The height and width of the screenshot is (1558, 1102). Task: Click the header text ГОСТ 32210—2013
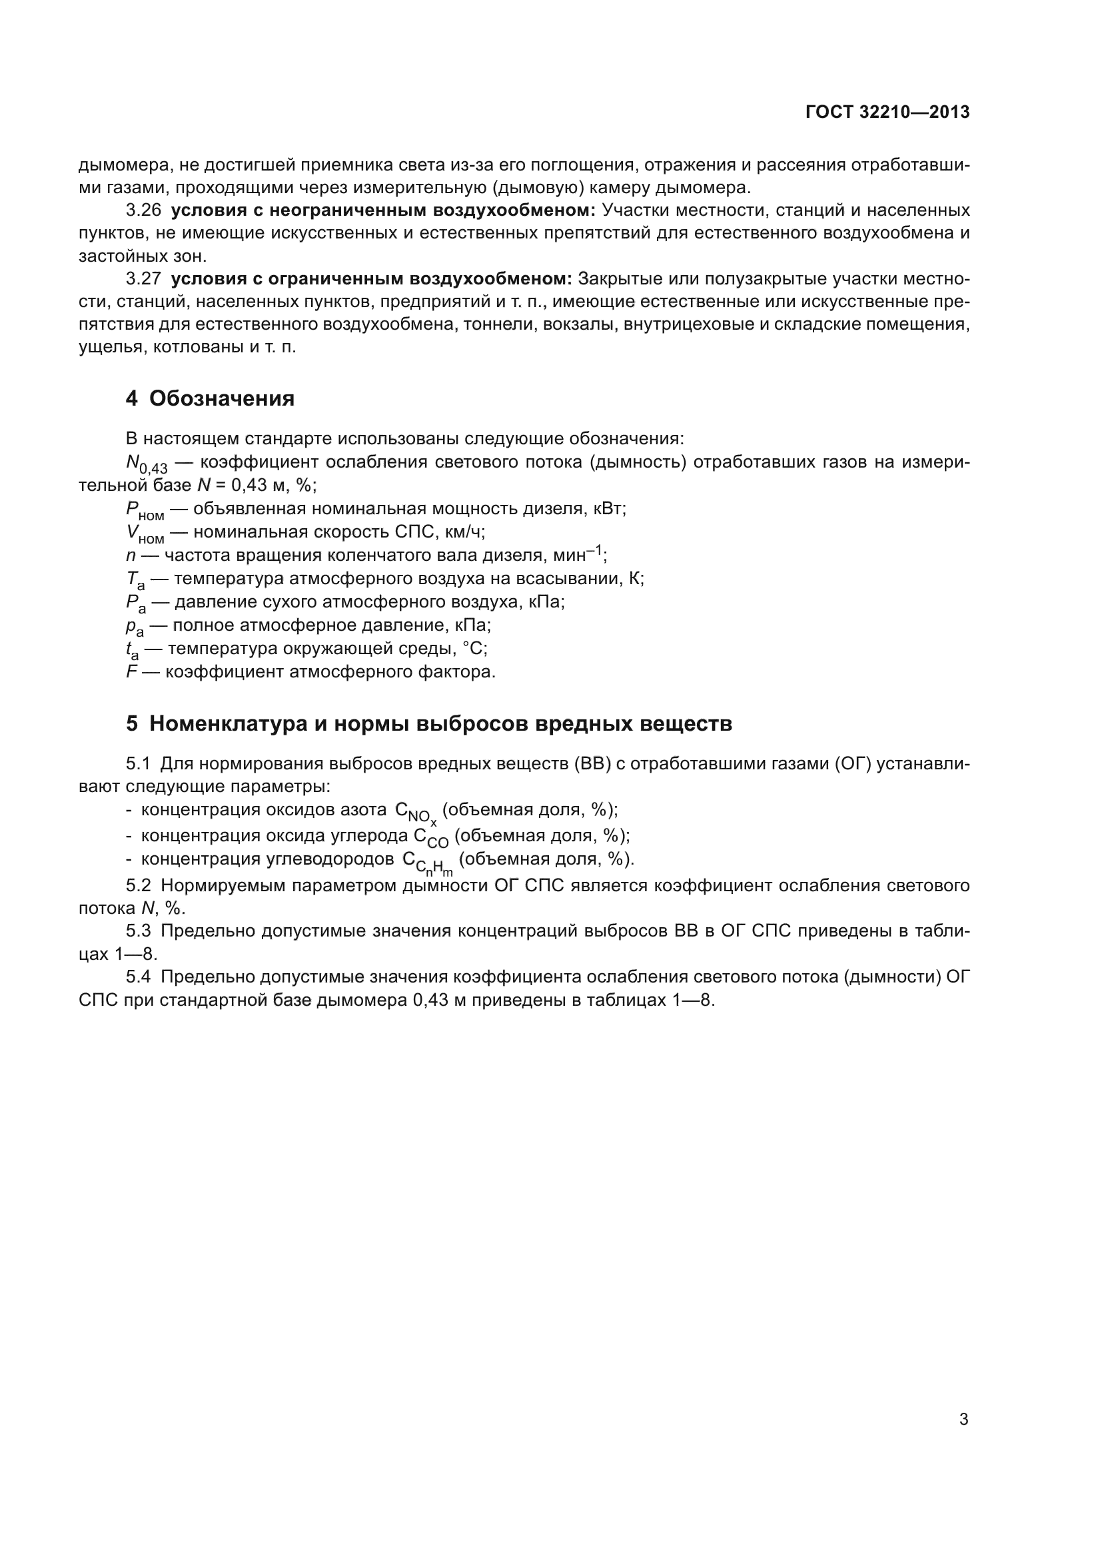coord(887,112)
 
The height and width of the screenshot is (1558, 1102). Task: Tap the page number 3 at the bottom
coord(963,1419)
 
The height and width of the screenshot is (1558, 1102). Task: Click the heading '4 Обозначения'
coord(210,398)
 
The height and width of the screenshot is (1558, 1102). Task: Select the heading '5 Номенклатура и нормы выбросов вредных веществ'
coord(428,724)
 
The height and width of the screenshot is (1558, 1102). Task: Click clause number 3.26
coord(143,210)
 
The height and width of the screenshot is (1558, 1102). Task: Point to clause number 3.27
coord(143,279)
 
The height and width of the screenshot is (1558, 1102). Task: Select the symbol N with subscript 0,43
coord(146,464)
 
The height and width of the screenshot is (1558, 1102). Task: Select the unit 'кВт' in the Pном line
coord(608,508)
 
